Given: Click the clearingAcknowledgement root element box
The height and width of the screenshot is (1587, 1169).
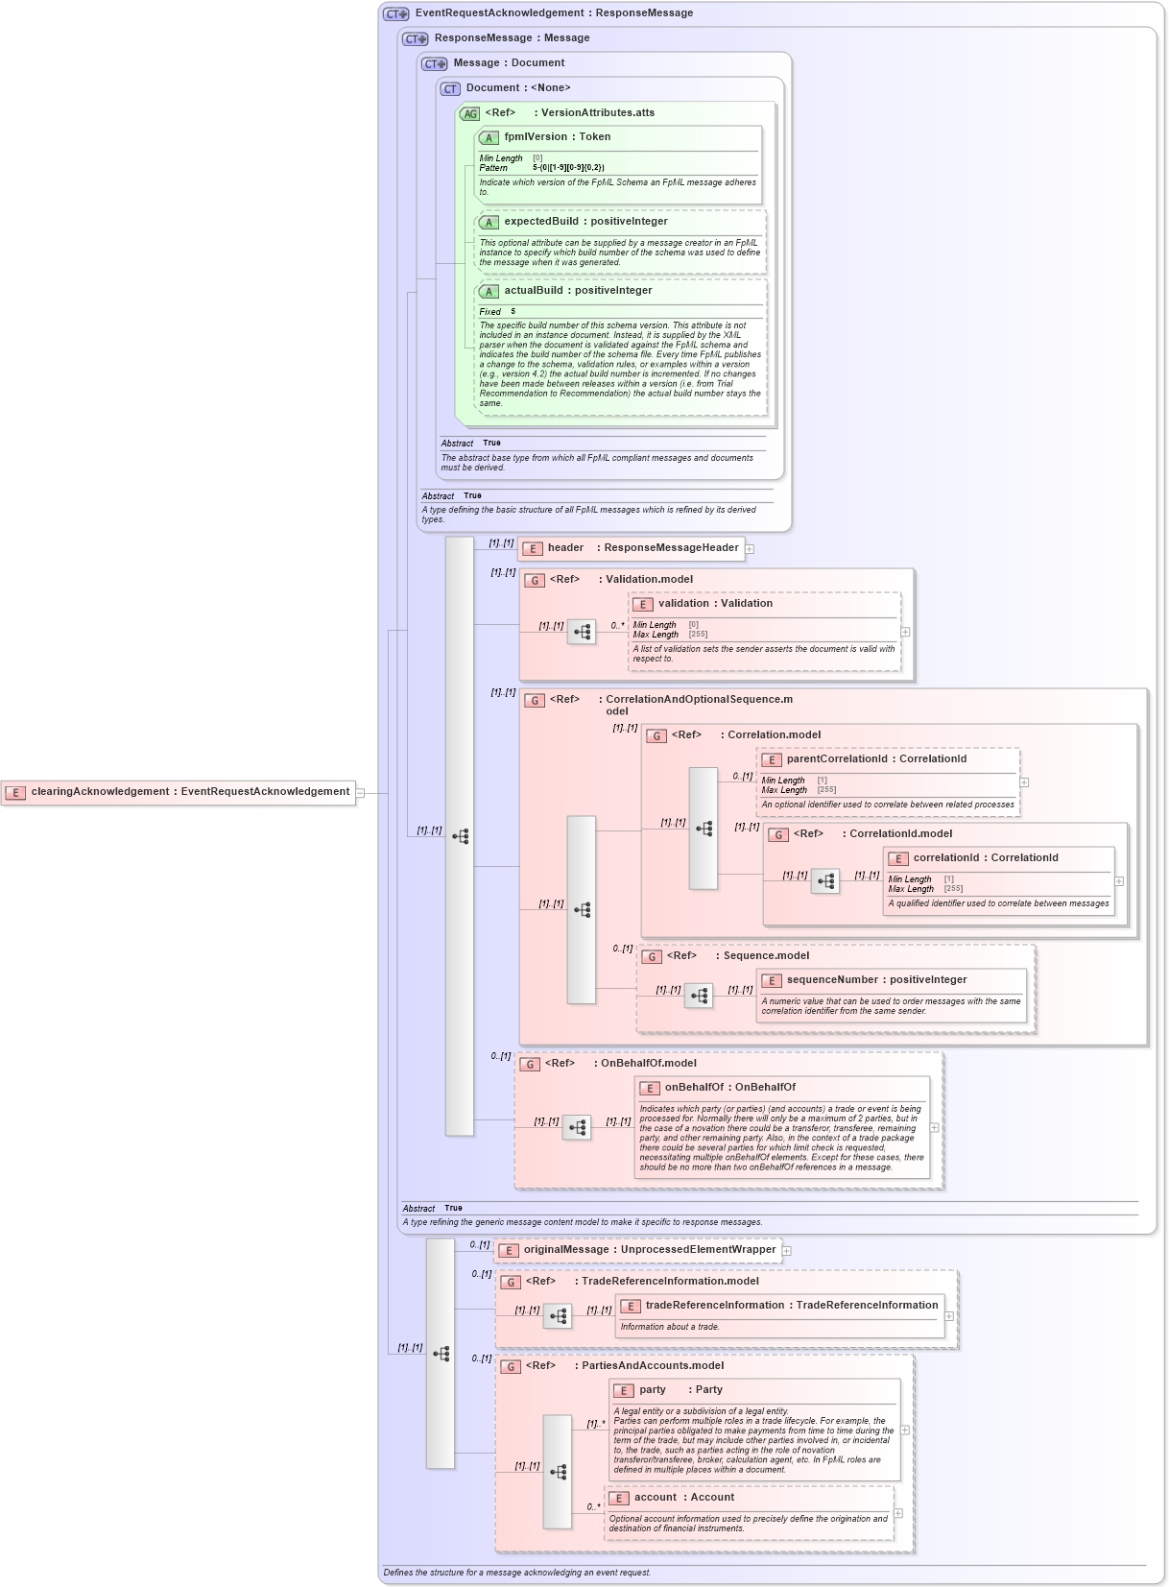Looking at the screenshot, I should click(179, 792).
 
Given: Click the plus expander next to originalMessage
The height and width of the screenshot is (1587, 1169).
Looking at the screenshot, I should click(787, 1251).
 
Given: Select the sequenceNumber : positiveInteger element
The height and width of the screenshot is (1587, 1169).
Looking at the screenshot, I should click(876, 980).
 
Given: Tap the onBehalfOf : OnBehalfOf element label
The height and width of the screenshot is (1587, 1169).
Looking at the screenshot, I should click(729, 1088).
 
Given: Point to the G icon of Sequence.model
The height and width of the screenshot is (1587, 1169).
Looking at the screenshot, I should click(652, 957).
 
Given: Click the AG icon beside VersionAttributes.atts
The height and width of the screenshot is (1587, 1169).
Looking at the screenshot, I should click(469, 113).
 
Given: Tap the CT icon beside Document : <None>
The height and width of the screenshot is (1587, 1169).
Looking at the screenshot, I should click(450, 88).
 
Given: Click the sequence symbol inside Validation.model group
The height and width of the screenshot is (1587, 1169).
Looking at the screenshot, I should click(582, 632).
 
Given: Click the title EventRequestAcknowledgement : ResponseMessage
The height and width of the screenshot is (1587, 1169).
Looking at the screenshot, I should click(554, 13).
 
